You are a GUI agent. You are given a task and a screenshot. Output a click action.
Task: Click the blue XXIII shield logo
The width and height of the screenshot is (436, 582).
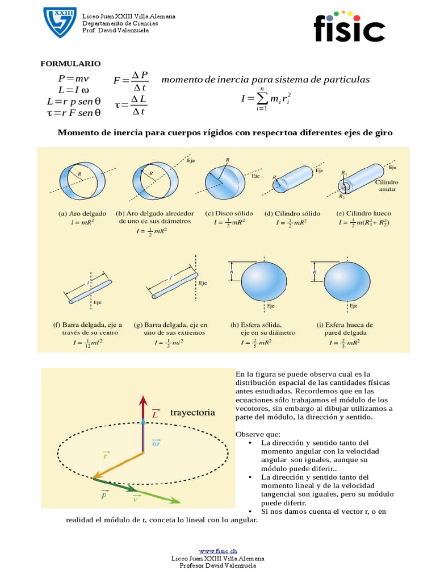tap(60, 23)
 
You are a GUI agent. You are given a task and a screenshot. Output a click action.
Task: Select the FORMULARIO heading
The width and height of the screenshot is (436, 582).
tap(70, 64)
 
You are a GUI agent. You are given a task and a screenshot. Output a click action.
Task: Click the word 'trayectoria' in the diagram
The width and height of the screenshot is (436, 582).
tap(192, 413)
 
